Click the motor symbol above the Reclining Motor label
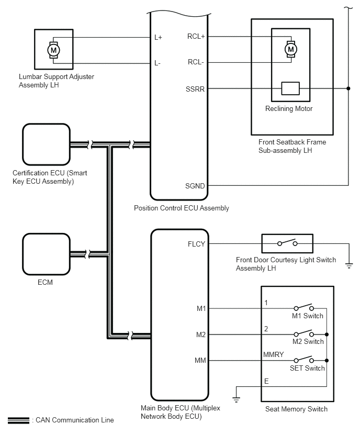[290, 49]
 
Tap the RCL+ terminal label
[196, 37]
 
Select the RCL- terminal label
[196, 62]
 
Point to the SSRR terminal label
[195, 88]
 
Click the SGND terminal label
[195, 185]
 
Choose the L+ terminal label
[158, 38]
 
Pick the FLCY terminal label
[196, 243]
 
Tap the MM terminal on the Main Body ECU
[200, 360]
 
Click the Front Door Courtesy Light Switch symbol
[287, 243]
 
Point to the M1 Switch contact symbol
[303, 308]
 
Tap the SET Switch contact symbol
[303, 360]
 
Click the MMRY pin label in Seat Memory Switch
[273, 355]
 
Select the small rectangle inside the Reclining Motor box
[290, 88]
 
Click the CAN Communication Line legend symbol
[18, 420]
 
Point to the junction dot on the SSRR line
[348, 88]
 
